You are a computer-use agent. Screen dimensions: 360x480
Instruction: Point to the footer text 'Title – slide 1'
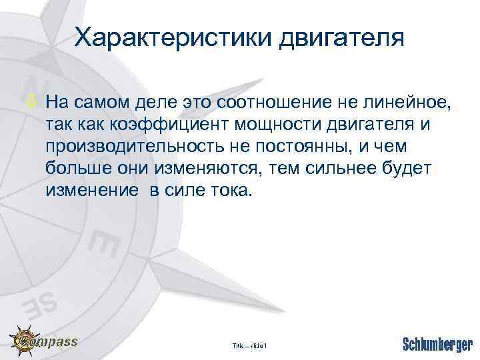pos(249,345)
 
